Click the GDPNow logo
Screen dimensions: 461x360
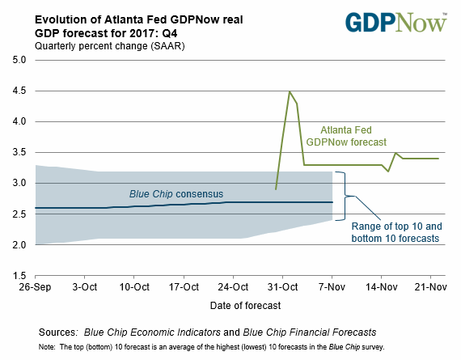click(396, 23)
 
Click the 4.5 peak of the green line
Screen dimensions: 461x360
click(290, 91)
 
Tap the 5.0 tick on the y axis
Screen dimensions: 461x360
click(19, 60)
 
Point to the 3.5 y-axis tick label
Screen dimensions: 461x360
click(19, 152)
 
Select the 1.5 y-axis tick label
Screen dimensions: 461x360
click(19, 276)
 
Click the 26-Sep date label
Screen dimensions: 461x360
click(35, 286)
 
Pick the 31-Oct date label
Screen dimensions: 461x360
click(282, 286)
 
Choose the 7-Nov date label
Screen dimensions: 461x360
click(332, 286)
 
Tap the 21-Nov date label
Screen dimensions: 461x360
click(431, 286)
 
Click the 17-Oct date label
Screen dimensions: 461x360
click(184, 286)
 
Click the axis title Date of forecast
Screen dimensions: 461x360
click(245, 306)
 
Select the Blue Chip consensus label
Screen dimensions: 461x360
click(176, 194)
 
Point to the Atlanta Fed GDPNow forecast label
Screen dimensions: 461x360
click(346, 136)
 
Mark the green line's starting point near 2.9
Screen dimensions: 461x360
click(276, 189)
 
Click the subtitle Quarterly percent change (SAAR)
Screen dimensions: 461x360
click(110, 46)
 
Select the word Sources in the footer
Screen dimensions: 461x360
click(58, 332)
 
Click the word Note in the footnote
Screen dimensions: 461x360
click(46, 347)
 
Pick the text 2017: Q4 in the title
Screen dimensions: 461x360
click(154, 33)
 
